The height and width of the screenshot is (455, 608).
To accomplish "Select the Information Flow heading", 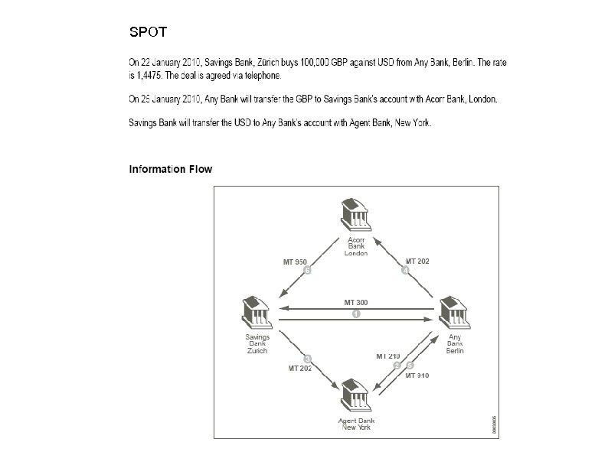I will pyautogui.click(x=170, y=169).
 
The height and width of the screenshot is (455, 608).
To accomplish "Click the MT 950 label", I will pyautogui.click(x=295, y=262).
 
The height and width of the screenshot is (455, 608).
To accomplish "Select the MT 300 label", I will pyautogui.click(x=356, y=303).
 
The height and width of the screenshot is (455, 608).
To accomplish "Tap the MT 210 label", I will pyautogui.click(x=387, y=356).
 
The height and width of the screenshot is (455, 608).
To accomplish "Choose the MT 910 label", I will pyautogui.click(x=417, y=375).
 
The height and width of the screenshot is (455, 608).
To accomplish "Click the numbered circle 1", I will pyautogui.click(x=356, y=314).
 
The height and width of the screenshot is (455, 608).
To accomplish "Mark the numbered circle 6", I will pyautogui.click(x=307, y=271).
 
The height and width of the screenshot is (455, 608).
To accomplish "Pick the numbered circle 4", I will pyautogui.click(x=406, y=271).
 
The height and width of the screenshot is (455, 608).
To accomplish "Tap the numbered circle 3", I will pyautogui.click(x=307, y=359).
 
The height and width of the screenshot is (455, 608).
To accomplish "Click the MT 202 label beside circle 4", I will pyautogui.click(x=417, y=262).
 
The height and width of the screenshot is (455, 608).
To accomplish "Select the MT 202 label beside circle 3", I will pyautogui.click(x=300, y=369).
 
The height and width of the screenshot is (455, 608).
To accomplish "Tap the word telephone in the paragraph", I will pyautogui.click(x=260, y=76).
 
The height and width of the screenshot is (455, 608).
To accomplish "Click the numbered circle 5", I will pyautogui.click(x=410, y=365).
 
